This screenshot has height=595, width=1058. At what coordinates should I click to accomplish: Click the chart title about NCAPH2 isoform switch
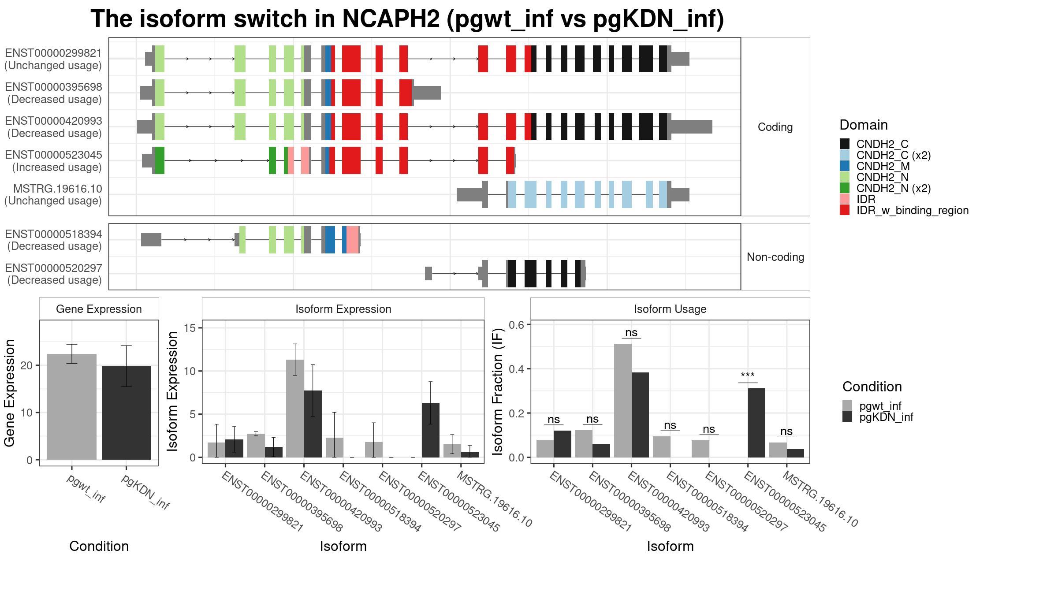(407, 19)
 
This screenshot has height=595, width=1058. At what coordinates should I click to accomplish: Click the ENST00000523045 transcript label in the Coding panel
(53, 161)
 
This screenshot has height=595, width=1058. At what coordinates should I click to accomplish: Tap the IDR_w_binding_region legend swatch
(845, 210)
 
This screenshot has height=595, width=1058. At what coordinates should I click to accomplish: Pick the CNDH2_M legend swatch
(845, 166)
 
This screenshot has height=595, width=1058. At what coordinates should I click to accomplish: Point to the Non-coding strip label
(775, 257)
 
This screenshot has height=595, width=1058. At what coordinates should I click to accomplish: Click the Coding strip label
(775, 127)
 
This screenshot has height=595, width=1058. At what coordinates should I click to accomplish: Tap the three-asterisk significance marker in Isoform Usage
(748, 376)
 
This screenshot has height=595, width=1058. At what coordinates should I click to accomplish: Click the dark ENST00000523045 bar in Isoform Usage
(756, 423)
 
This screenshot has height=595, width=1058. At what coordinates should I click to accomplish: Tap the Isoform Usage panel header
(670, 309)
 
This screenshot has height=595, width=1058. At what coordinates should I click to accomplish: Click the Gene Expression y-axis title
(10, 393)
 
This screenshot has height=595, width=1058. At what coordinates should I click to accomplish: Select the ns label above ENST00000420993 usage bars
(631, 333)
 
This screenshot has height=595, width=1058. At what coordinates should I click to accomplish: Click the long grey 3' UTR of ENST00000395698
(427, 93)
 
